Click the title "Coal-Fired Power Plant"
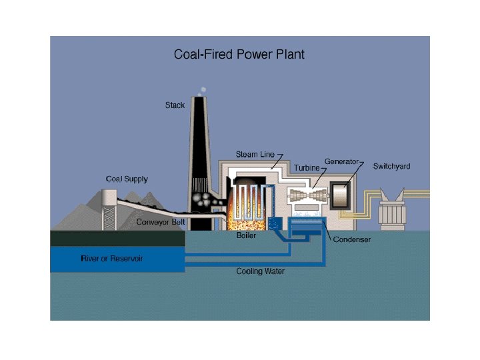[x=239, y=54]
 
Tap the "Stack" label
[x=175, y=105]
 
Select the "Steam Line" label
[x=255, y=155]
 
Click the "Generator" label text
[x=341, y=161]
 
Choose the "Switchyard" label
[x=391, y=166]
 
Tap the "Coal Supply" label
[x=127, y=179]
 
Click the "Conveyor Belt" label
[x=161, y=222]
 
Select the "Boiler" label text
[x=246, y=235]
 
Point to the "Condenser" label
[x=352, y=239]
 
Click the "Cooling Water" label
[x=260, y=271]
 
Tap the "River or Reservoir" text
[x=112, y=258]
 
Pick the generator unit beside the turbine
[x=340, y=195]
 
